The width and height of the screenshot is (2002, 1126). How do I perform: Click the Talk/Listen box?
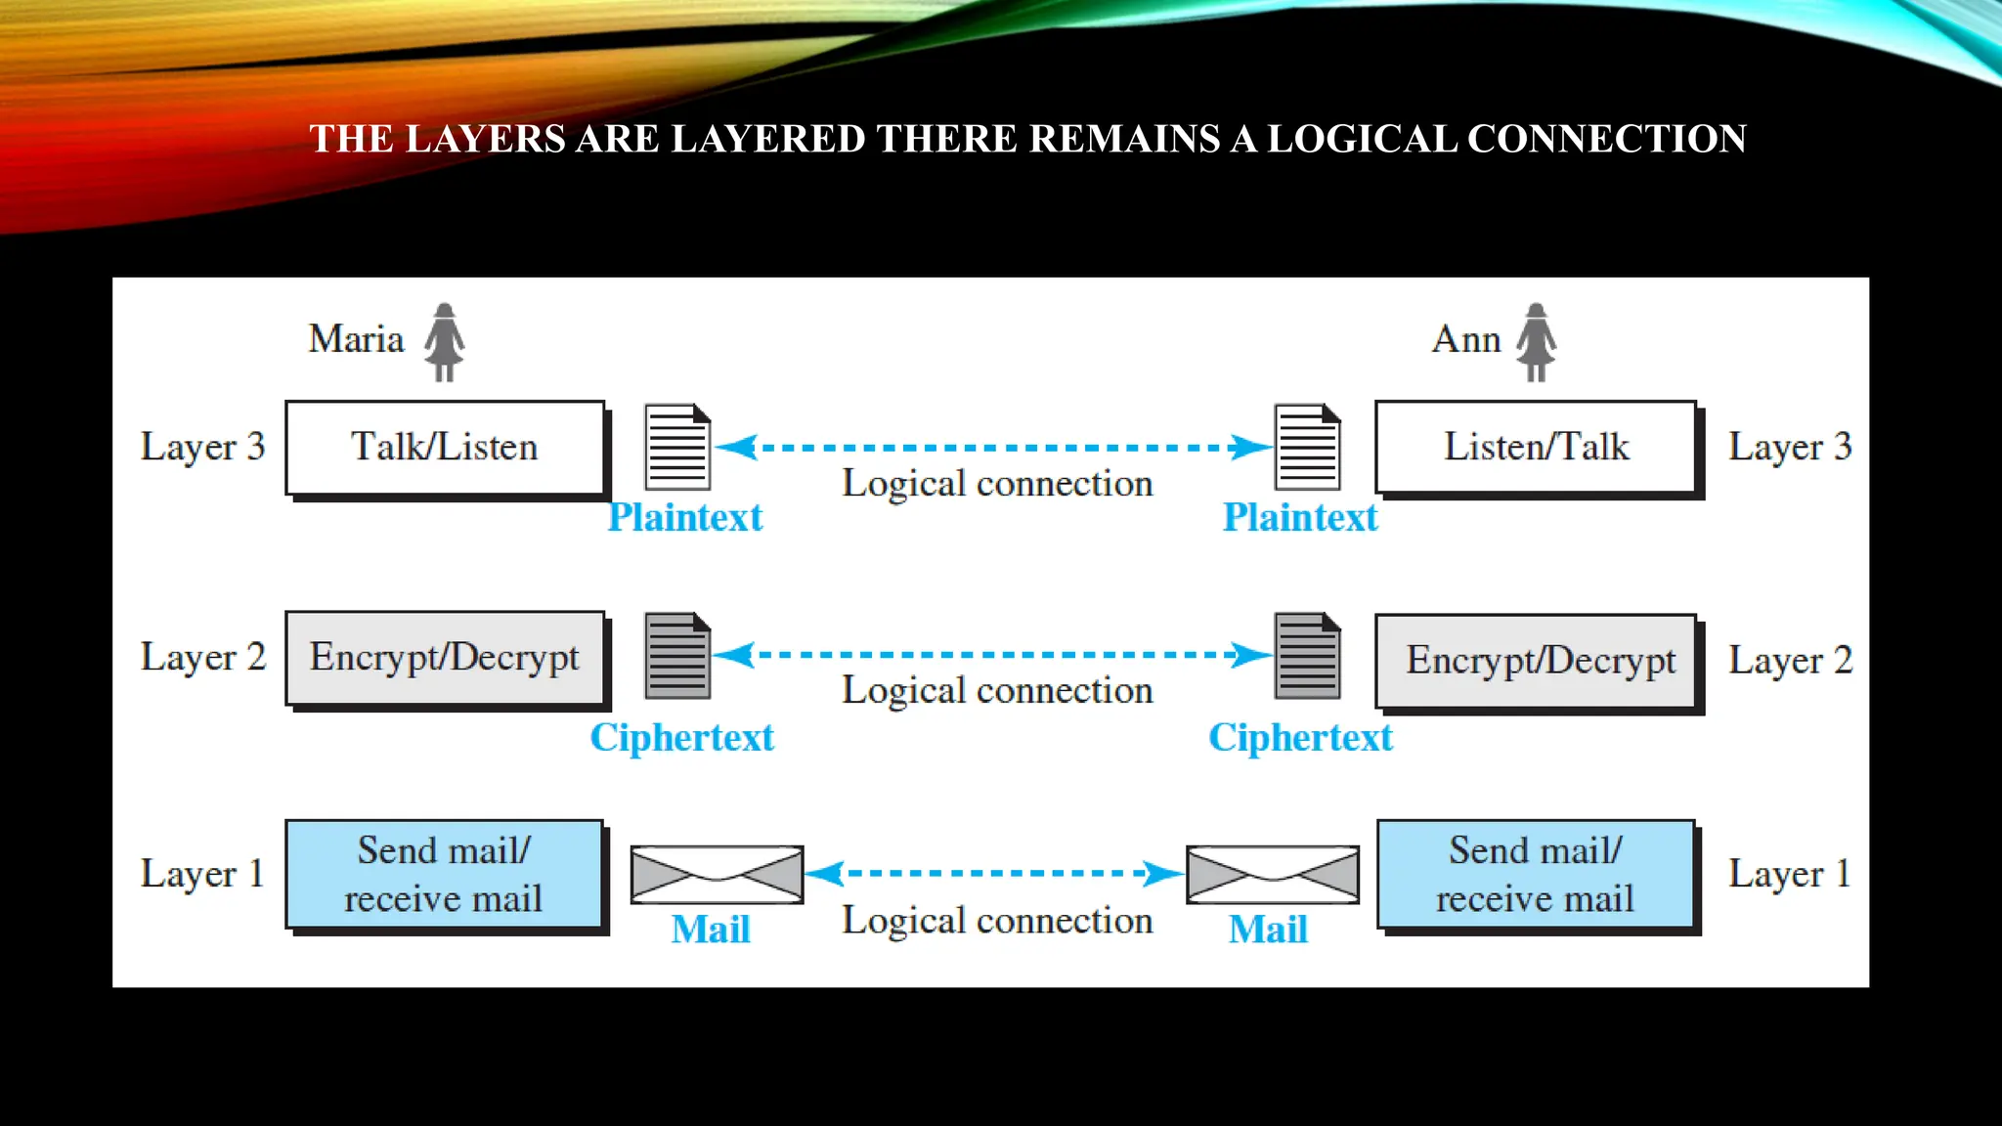(445, 448)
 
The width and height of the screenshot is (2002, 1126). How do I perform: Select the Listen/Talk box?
(1536, 448)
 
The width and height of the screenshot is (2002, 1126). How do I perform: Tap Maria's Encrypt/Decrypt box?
(445, 658)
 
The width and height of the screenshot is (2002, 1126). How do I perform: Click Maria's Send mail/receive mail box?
(444, 874)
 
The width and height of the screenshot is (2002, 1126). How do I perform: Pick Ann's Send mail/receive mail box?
(1536, 874)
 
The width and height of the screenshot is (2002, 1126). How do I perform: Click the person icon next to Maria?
(445, 342)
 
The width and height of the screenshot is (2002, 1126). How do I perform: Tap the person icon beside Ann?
(1536, 342)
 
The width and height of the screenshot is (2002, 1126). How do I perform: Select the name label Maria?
(356, 339)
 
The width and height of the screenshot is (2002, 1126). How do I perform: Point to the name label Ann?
(1466, 339)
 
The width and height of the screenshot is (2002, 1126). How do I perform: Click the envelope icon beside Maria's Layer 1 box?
(717, 874)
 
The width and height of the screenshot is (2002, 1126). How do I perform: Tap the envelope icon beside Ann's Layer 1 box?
(1272, 874)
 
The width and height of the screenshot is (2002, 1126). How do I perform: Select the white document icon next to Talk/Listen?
(677, 447)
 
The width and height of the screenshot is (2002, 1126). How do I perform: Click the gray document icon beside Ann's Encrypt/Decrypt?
(1307, 656)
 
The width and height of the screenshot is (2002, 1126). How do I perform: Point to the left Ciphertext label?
(681, 738)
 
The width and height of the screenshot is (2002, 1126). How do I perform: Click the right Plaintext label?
(1299, 518)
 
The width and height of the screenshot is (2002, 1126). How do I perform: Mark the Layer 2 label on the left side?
(202, 658)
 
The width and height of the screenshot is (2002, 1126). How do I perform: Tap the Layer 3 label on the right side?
(1789, 448)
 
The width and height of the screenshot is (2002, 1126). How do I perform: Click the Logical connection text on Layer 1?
(997, 921)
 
